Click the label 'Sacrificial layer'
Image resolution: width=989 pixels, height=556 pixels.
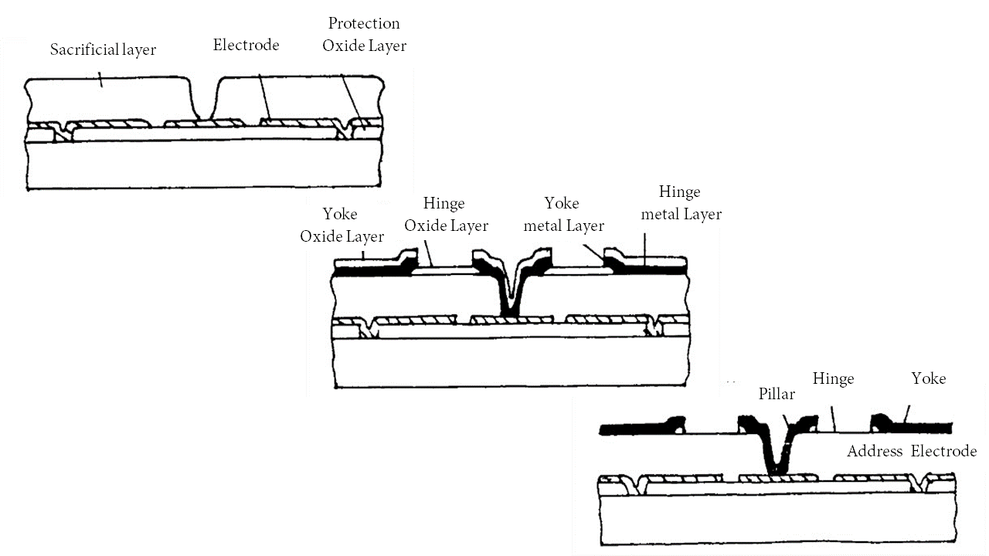coord(103,50)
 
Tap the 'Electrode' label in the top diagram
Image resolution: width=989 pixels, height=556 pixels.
coord(246,45)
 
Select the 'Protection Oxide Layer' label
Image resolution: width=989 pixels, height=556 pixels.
coord(364,35)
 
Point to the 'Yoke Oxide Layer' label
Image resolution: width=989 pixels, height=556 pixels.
coord(342,225)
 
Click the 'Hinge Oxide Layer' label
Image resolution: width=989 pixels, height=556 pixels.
coord(446,215)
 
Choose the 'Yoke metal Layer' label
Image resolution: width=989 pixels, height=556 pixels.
coord(563,215)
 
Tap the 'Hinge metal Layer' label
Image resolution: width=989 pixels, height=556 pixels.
coord(681,203)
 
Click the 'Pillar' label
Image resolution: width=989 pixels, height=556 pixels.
coord(776,394)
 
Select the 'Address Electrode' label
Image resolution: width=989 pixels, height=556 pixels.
coord(912,451)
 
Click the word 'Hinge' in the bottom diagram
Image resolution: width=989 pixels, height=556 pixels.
coord(833,378)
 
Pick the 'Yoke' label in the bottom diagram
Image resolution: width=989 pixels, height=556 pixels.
coord(928,378)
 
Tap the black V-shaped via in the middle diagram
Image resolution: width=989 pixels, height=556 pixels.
coord(510,297)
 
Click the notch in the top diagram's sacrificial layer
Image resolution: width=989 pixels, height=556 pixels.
coord(202,100)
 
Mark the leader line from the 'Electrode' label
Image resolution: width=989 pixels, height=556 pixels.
coord(263,97)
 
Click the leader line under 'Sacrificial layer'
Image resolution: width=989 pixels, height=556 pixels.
coord(100,77)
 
